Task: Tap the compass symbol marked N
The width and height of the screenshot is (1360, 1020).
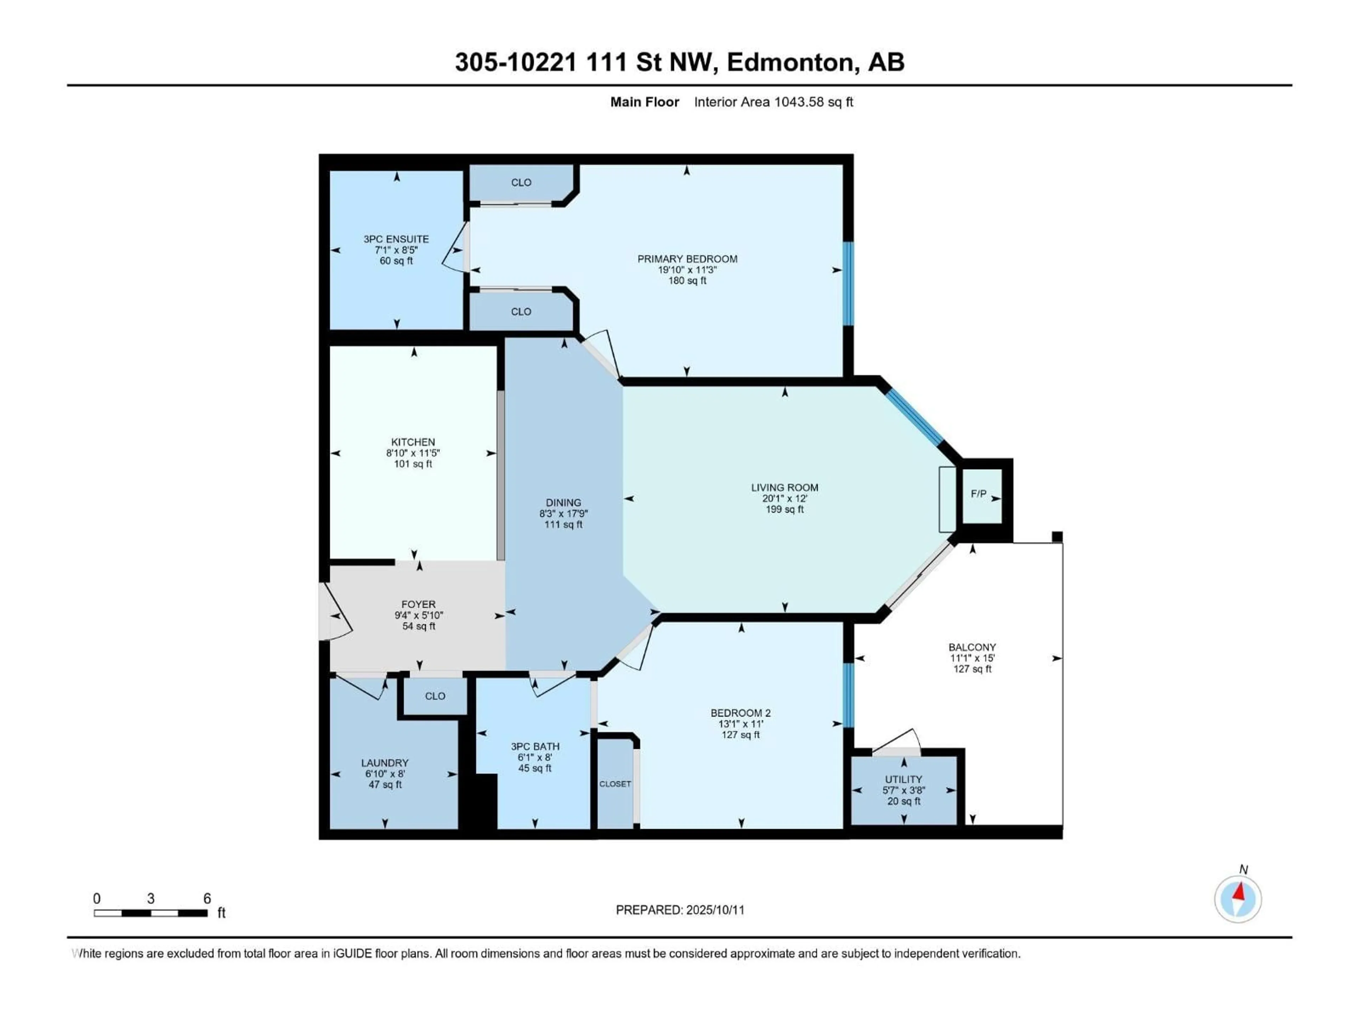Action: coord(1238,899)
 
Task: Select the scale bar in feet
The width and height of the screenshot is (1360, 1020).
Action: coord(151,913)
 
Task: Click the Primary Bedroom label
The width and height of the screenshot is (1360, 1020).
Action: coord(687,259)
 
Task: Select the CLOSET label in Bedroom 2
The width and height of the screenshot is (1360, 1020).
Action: coord(615,784)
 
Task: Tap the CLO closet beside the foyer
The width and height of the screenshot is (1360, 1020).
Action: coord(435,696)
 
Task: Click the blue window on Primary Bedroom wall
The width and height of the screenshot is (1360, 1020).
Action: coord(848,283)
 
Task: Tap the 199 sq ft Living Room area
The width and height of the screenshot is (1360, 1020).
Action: coord(784,509)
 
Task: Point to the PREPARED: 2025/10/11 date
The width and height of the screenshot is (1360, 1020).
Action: coord(680,910)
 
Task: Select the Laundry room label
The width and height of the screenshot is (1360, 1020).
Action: coord(385,763)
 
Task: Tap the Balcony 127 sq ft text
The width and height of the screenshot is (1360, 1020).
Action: coord(972,669)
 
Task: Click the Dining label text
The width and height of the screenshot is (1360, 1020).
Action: coord(563,502)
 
